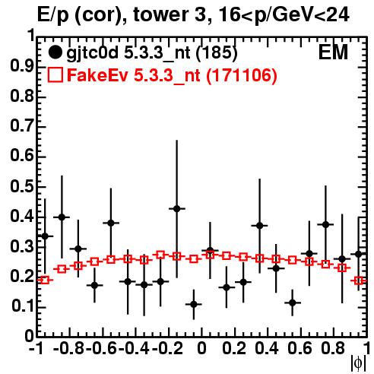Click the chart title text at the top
pos(193,15)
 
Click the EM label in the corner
pos(333,52)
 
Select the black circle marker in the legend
pos(55,52)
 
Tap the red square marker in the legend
pos(55,74)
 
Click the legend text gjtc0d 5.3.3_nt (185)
pos(152,53)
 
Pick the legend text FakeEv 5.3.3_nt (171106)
pos(173,75)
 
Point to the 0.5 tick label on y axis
pos(22,187)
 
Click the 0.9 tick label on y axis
pos(22,67)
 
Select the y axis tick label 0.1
pos(22,306)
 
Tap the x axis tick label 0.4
pos(267,349)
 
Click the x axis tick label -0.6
pos(101,349)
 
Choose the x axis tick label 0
pos(201,349)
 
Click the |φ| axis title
pos(358,363)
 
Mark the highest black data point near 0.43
pos(177,209)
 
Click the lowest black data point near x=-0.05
pos(194,304)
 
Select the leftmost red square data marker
pos(45,280)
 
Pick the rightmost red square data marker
pos(359,280)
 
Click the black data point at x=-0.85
pos(62,217)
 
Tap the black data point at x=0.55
pos(293,303)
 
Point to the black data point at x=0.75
pos(326,224)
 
